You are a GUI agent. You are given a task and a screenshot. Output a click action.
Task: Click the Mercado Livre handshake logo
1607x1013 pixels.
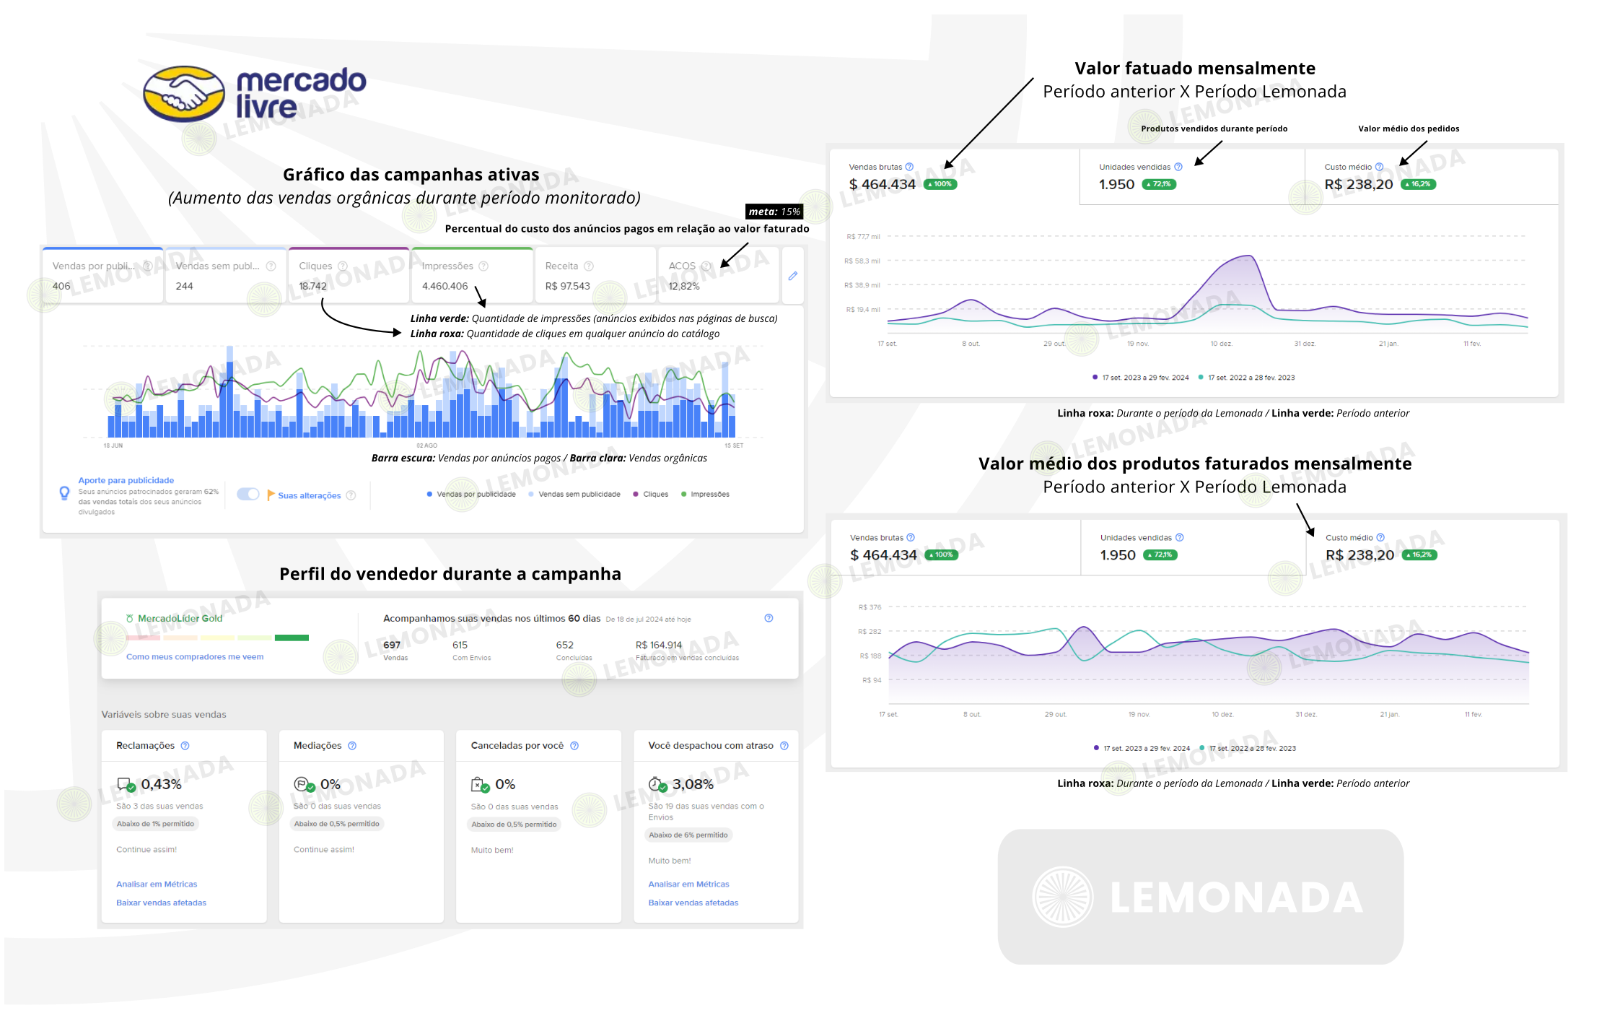183,94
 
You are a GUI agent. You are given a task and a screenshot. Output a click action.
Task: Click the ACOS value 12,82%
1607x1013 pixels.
684,286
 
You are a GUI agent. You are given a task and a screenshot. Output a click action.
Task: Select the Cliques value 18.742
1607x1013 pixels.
313,286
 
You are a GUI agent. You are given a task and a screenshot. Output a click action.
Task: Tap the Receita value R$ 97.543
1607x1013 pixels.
568,286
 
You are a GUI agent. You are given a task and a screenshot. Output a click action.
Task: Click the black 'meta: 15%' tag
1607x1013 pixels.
774,212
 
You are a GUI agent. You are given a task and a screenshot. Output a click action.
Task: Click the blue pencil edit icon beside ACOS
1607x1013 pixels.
792,276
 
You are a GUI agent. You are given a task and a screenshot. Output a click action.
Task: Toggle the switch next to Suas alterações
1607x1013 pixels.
248,495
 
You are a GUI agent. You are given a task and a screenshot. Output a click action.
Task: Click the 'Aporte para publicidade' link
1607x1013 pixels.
126,480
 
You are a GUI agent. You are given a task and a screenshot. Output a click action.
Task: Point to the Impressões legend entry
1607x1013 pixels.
709,495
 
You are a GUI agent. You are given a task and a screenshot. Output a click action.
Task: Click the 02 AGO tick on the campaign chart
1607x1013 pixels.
426,445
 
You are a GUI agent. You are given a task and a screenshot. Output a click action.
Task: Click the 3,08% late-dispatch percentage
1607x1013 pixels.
693,784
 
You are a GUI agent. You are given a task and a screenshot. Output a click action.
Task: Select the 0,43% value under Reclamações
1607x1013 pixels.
161,784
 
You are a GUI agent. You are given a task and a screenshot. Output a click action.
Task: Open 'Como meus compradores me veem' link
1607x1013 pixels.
195,657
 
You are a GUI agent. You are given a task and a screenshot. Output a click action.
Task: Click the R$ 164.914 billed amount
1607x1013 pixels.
658,645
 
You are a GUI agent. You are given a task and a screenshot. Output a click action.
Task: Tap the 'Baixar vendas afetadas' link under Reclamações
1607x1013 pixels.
161,903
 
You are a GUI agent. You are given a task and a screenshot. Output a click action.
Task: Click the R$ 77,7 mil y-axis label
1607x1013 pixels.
863,237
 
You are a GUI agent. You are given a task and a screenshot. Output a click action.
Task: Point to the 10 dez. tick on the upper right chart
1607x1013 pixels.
1221,344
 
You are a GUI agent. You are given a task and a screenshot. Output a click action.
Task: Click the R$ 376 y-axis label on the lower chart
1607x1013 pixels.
870,607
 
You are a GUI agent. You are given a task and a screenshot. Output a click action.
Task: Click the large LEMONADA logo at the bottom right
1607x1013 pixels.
1200,897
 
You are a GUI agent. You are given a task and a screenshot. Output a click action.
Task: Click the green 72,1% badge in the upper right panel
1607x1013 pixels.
1159,184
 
